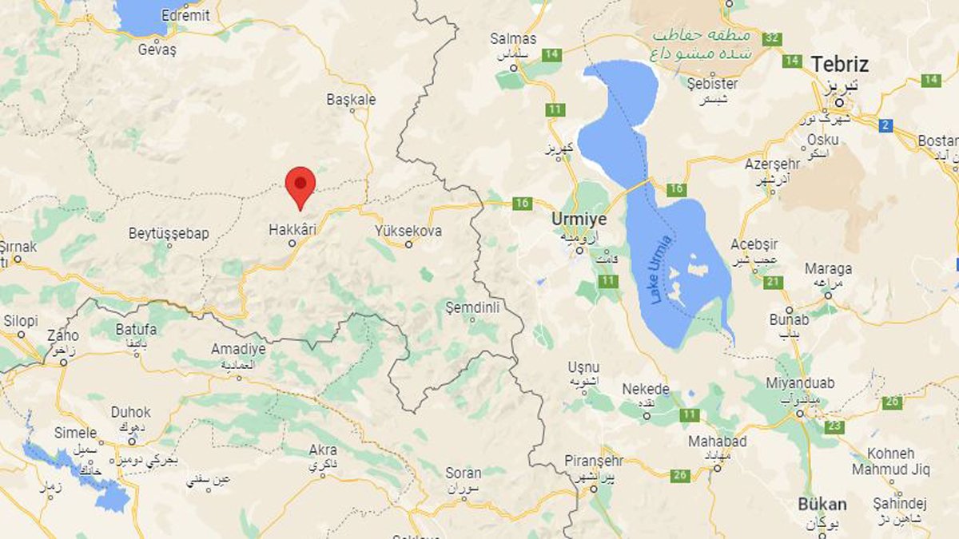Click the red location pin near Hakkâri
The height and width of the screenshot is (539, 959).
(300, 185)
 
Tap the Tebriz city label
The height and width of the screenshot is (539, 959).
(839, 64)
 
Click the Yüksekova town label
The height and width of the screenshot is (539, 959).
(408, 231)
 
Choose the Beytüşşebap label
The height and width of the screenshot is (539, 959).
(169, 234)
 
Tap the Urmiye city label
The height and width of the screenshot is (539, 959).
(579, 219)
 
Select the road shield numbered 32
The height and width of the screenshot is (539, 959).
(771, 38)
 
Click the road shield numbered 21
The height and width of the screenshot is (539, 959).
(773, 282)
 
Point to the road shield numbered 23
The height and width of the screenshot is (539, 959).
(834, 426)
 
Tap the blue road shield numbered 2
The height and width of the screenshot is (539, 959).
(885, 125)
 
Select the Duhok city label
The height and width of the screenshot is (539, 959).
(130, 413)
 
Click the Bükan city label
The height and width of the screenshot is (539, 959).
(822, 504)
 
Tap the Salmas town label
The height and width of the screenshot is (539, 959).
(514, 38)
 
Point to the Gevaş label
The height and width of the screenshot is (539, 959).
(157, 50)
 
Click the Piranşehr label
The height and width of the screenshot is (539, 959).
(593, 461)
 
